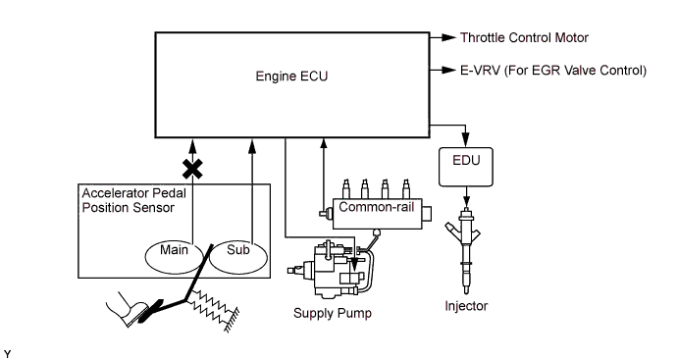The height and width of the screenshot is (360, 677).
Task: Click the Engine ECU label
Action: click(291, 76)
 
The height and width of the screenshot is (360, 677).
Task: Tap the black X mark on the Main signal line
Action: click(192, 169)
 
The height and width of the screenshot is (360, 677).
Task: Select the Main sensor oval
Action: click(174, 257)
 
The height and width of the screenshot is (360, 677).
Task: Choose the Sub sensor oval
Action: click(238, 257)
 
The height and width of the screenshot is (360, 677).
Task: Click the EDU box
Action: click(466, 167)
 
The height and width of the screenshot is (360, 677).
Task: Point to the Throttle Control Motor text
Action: click(524, 37)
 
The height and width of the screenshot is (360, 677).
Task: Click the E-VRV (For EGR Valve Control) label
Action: click(553, 70)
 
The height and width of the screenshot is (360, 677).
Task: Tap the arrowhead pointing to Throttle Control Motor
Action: click(449, 37)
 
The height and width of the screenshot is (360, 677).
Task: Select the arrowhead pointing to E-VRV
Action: click(449, 70)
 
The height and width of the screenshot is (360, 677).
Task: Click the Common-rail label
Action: click(377, 207)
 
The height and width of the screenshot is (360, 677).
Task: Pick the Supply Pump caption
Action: click(333, 313)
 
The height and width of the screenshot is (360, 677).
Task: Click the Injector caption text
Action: click(466, 306)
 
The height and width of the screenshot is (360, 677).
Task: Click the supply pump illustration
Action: click(332, 270)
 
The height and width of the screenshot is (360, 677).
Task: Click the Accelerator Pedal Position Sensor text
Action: click(133, 200)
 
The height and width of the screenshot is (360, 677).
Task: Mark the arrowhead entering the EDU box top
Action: click(465, 140)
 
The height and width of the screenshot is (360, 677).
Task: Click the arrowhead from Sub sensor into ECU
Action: click(252, 146)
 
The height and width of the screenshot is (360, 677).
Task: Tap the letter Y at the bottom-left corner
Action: click(7, 354)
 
